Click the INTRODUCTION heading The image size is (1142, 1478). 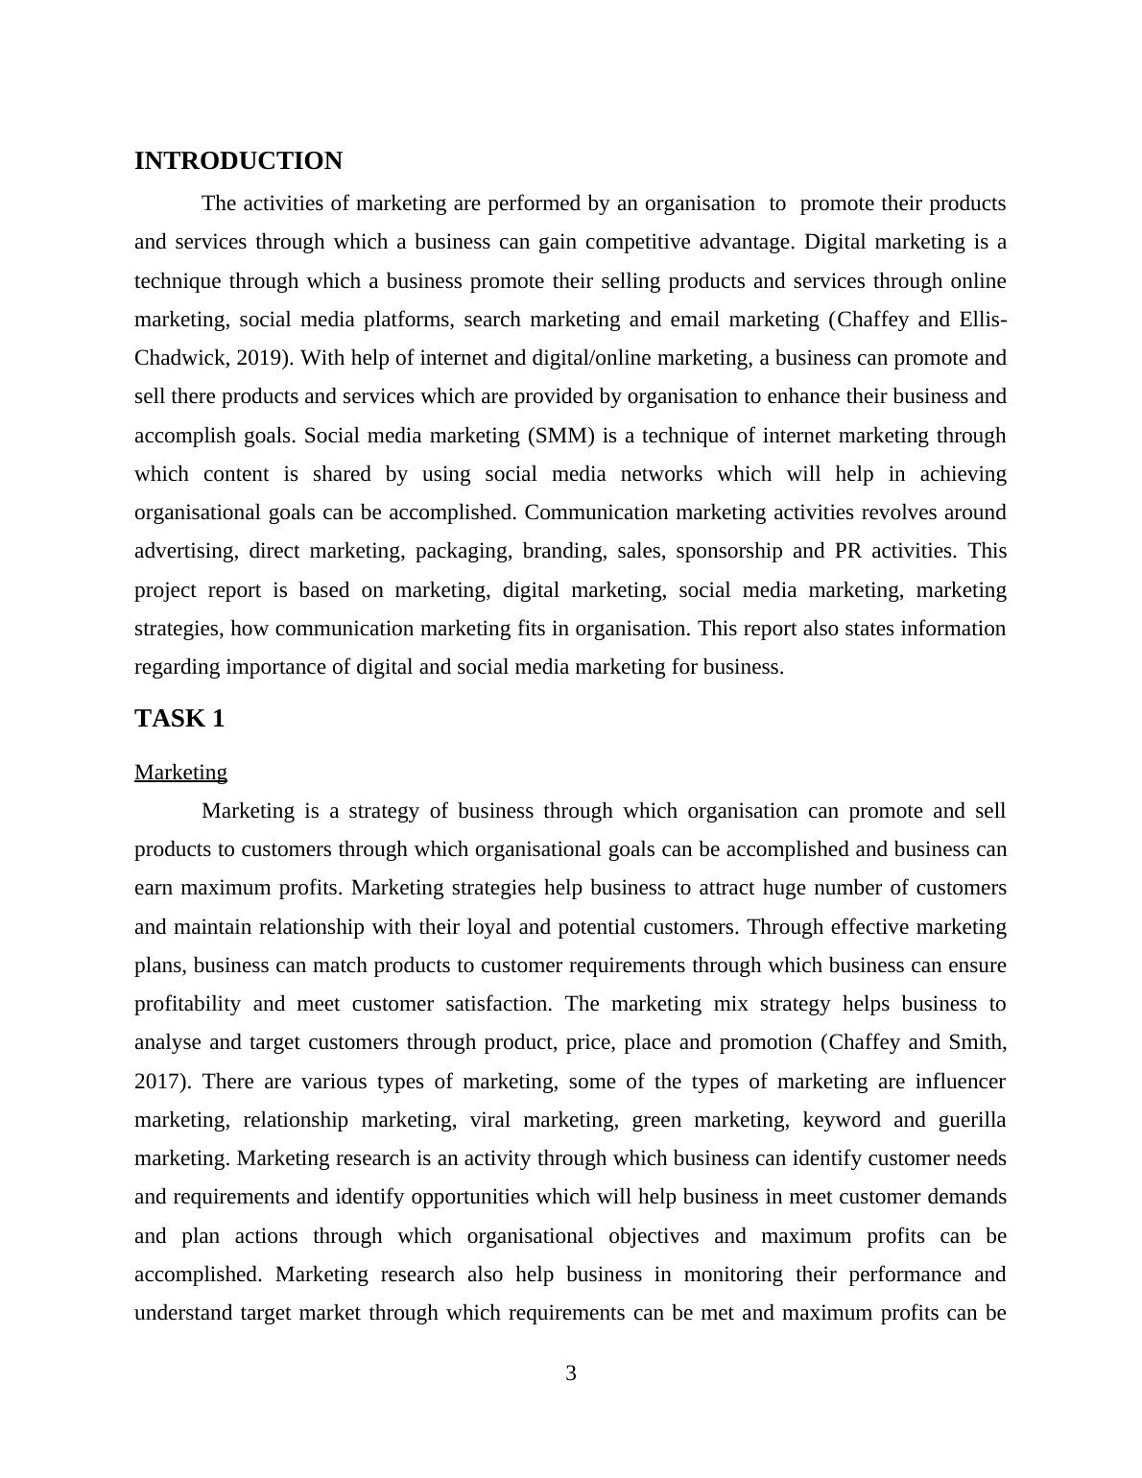[x=238, y=161]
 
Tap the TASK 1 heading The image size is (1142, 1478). [x=179, y=719]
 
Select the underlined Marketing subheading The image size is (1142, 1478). [x=180, y=773]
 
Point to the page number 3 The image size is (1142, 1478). [x=571, y=1373]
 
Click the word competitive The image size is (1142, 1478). [x=636, y=242]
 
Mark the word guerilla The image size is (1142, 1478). [x=971, y=1120]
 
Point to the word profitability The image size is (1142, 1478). [x=187, y=1004]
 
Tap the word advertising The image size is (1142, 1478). [x=185, y=551]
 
